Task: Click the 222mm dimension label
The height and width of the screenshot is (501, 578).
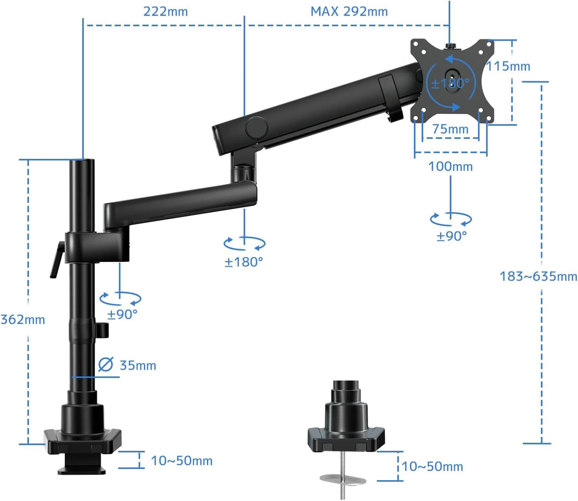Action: [165, 11]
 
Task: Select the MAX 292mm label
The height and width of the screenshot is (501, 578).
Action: [349, 11]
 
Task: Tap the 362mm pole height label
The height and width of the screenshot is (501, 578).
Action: [23, 319]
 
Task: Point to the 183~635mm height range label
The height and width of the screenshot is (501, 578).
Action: [538, 276]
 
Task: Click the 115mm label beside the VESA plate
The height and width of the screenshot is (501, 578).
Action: [508, 66]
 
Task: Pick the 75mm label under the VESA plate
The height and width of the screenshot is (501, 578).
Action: [451, 129]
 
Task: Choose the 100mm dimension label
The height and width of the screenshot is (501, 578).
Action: [451, 166]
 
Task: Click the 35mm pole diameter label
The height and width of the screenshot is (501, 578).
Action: [138, 365]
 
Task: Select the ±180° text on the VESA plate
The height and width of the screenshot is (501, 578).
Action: [451, 83]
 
